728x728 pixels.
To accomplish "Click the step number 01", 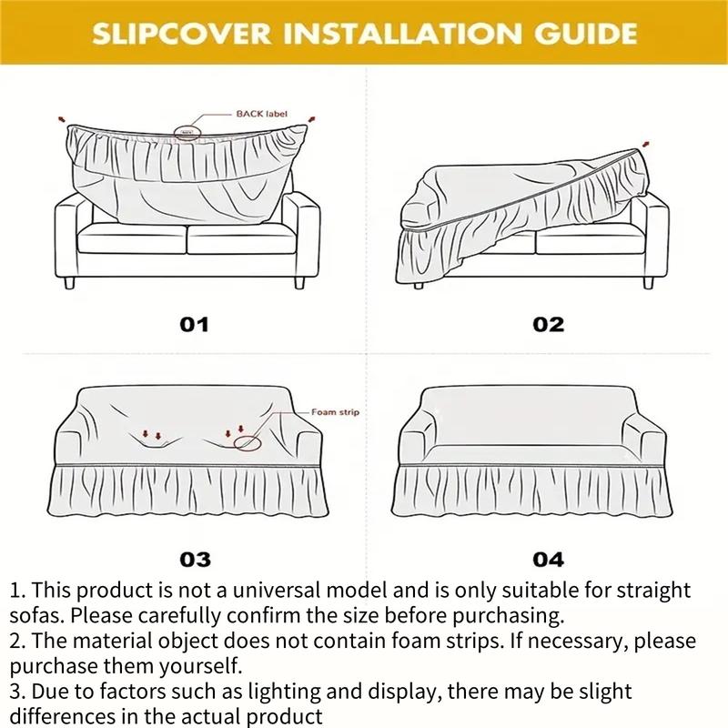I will (x=193, y=325).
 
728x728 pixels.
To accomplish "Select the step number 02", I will (x=548, y=325).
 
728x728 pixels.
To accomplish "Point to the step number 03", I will (x=193, y=559).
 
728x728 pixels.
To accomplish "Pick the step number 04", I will (x=548, y=559).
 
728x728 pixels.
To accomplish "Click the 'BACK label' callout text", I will (x=261, y=114).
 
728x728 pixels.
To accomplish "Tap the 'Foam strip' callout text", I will (x=336, y=412).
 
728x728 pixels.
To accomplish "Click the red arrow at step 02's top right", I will (x=646, y=143).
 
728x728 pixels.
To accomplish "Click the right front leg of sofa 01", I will (x=299, y=283).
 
